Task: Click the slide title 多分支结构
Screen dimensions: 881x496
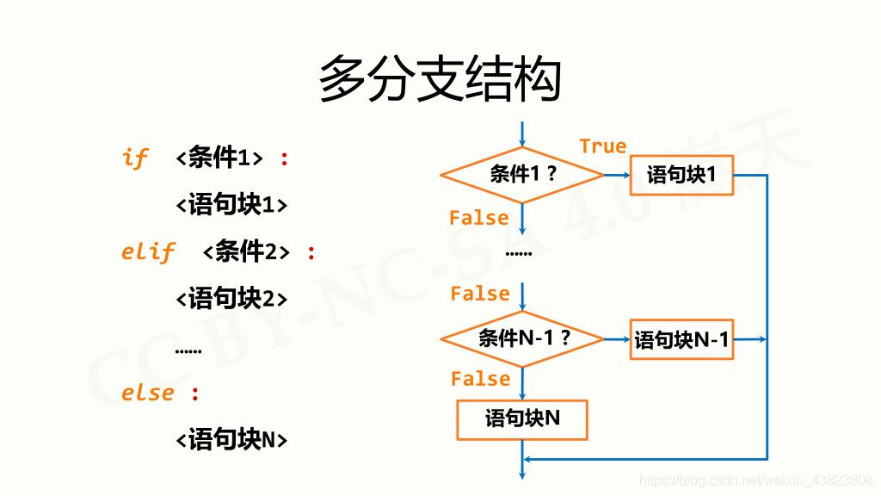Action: (x=440, y=80)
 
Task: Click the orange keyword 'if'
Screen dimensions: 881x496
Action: (x=135, y=158)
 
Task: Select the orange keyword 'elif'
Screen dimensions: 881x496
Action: (x=148, y=251)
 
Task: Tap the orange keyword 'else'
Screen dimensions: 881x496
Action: (x=148, y=393)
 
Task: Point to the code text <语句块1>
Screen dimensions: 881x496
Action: (x=231, y=205)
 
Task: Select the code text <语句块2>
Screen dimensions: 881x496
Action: (x=231, y=299)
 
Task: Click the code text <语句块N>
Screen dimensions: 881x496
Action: (x=231, y=439)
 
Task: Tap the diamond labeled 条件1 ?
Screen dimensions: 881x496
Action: (x=522, y=175)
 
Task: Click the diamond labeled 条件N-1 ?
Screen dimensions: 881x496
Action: (x=522, y=339)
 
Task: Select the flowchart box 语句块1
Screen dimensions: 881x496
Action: (x=681, y=176)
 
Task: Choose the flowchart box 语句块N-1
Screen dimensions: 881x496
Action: (x=681, y=339)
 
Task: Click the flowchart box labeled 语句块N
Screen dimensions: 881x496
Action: (x=522, y=419)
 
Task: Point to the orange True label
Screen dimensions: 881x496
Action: (x=602, y=146)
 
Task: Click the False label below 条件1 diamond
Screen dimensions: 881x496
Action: (x=478, y=218)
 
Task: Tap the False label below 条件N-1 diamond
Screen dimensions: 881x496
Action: (x=480, y=379)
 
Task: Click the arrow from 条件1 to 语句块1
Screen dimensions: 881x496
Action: (x=618, y=175)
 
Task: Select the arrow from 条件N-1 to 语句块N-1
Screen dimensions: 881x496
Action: (x=617, y=339)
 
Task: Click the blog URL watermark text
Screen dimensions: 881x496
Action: (x=757, y=479)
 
